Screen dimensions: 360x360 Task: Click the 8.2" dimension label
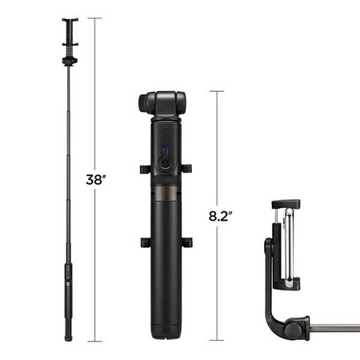pos(220,215)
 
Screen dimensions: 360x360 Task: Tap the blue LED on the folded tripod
pos(165,150)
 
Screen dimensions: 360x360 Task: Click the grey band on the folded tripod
pos(165,194)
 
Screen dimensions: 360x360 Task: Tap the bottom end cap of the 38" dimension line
pos(98,340)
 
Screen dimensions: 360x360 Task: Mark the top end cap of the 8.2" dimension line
pos(216,92)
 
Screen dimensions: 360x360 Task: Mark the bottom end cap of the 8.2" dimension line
pos(216,339)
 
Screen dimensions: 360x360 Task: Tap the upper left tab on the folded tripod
pos(143,168)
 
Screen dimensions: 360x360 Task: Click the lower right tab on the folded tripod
pos(187,242)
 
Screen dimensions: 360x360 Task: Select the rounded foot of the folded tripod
pos(165,335)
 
